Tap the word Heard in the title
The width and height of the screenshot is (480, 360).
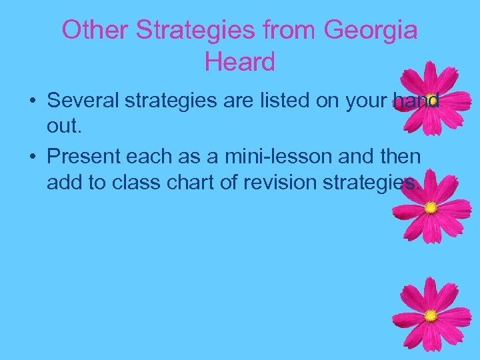coord(240,62)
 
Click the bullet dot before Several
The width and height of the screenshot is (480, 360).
coord(32,102)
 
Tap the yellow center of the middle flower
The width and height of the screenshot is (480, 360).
coord(431,207)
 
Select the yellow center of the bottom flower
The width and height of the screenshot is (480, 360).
coord(431,315)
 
